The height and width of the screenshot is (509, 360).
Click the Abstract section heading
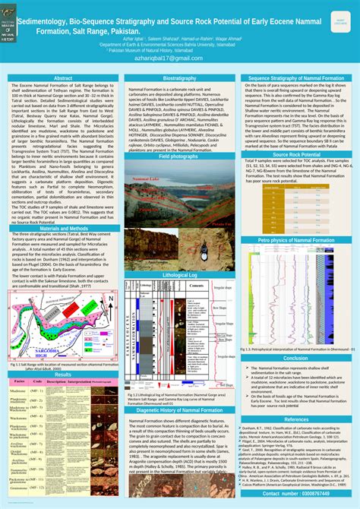(x=63, y=78)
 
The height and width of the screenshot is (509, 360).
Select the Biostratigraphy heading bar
(x=179, y=78)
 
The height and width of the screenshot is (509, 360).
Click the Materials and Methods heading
(x=63, y=228)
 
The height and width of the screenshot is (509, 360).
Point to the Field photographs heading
(x=179, y=156)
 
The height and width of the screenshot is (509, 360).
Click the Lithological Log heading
(x=179, y=274)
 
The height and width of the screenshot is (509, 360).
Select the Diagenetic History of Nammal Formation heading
(x=179, y=409)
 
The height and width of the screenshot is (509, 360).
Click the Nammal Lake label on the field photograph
(x=144, y=179)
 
